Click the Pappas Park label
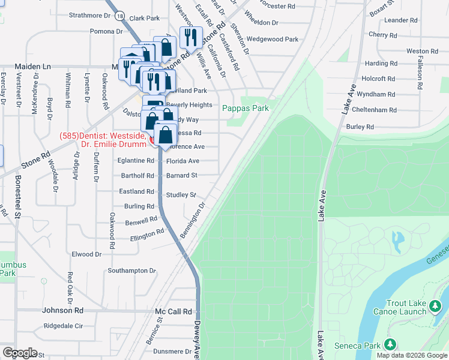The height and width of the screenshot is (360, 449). coord(246,108)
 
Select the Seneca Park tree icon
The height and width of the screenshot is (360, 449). coord(390,344)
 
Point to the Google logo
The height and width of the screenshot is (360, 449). coord(20,353)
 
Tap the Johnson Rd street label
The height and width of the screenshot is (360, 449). coord(62,310)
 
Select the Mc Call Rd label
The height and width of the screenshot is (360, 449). coord(173,312)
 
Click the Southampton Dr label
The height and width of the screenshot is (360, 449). coord(131,271)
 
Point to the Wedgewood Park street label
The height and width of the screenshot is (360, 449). coord(273,40)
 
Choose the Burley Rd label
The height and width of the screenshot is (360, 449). coord(360,127)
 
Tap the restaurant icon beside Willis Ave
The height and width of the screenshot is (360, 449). coord(190,37)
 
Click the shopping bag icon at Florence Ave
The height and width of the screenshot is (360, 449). coord(166,134)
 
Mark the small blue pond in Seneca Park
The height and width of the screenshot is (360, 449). coord(397,241)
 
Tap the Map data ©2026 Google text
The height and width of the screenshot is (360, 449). coord(412,355)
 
